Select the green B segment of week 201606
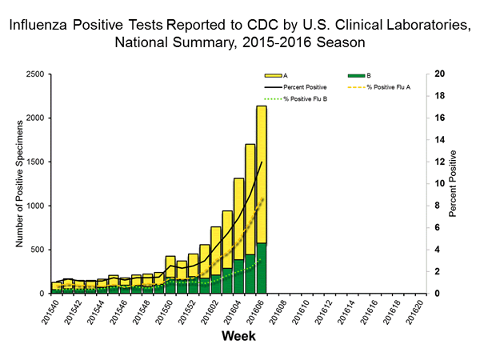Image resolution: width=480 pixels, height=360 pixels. pyautogui.click(x=261, y=268)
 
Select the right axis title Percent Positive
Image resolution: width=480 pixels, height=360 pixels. pyautogui.click(x=454, y=183)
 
